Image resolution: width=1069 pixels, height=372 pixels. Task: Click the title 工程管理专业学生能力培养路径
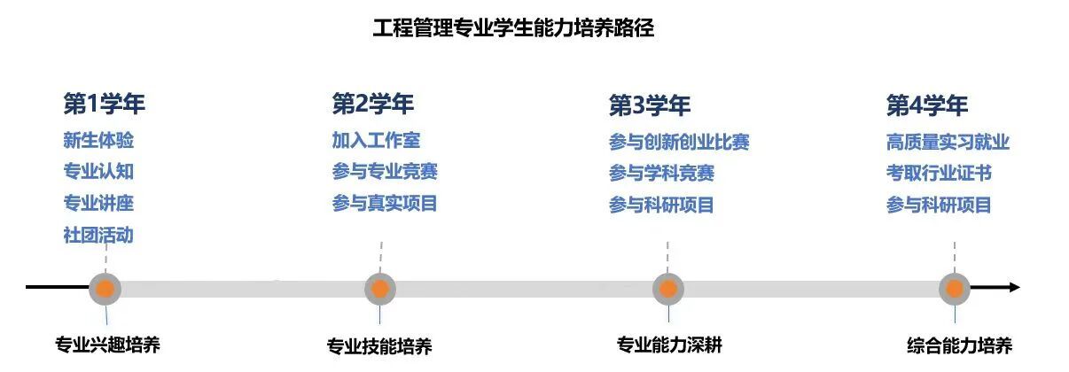[x=513, y=27]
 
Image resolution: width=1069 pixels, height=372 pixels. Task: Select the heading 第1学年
[x=104, y=104]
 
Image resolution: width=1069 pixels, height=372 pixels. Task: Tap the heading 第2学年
[x=372, y=104]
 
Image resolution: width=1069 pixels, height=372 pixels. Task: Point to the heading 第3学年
[x=650, y=105]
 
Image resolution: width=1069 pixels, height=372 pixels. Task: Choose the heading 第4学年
[x=927, y=105]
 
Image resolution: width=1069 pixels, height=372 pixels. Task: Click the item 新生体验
[x=98, y=140]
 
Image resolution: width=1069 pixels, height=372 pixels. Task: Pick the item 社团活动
[x=98, y=235]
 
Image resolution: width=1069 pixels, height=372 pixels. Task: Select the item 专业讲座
[x=98, y=203]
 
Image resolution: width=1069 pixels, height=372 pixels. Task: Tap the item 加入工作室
[x=376, y=140]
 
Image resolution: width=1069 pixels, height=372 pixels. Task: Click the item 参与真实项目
[x=385, y=204]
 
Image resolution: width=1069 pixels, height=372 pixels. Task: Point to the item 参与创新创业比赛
[x=679, y=142]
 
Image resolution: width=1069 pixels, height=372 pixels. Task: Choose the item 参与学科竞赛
[x=661, y=173]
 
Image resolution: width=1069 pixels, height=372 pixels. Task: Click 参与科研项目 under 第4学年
[x=939, y=205]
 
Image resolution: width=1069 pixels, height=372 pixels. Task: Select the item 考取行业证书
[x=939, y=173]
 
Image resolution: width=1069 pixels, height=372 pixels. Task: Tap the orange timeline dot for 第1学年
[x=105, y=289]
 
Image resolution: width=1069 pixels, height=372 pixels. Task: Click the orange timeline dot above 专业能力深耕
[x=667, y=289]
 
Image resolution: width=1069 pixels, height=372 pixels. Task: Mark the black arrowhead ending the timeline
[x=1015, y=287]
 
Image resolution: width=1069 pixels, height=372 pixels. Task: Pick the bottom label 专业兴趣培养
[x=107, y=345]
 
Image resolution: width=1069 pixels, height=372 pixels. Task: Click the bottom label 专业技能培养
[x=379, y=346]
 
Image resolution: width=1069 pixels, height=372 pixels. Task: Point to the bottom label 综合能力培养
[x=960, y=345]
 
